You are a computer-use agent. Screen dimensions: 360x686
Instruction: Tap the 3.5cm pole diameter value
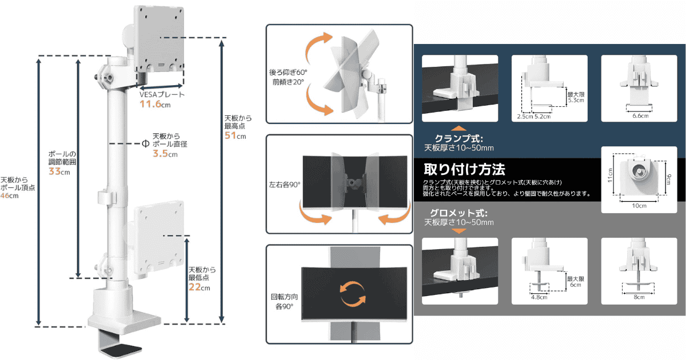164,154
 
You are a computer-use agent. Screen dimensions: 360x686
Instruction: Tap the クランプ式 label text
458,139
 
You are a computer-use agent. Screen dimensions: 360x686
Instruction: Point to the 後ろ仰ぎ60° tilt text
288,73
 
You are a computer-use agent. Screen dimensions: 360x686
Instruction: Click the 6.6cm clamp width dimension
640,116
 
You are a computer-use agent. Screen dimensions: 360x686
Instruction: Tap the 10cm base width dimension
639,206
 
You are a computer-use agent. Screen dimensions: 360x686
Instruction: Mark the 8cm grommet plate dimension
640,297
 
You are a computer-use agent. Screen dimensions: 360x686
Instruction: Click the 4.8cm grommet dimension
539,297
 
